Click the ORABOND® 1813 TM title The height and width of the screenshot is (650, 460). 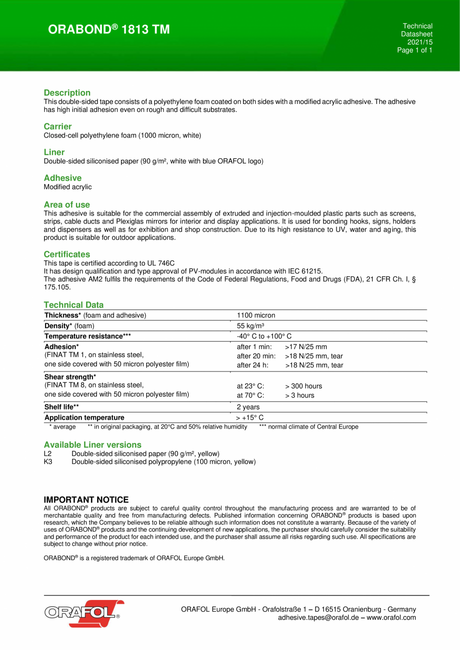click(x=109, y=30)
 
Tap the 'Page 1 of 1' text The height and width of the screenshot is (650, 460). click(x=414, y=50)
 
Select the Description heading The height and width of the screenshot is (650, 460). click(x=67, y=92)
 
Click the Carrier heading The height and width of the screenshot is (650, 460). click(x=57, y=126)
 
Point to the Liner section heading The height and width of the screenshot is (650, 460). click(x=54, y=152)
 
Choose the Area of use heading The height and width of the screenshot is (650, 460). click(x=67, y=204)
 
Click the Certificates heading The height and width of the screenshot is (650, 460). click(x=67, y=254)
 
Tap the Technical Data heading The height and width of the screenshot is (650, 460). click(x=73, y=304)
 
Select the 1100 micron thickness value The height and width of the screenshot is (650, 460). click(x=255, y=315)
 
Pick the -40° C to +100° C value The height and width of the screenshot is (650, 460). click(x=263, y=336)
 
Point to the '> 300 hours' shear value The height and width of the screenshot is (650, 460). click(x=303, y=386)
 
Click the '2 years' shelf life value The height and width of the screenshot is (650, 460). click(x=248, y=407)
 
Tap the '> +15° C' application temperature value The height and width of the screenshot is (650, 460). click(x=250, y=417)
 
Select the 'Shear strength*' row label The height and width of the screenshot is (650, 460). click(x=70, y=376)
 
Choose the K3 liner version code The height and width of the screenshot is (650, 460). click(x=48, y=461)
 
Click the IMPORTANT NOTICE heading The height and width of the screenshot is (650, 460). click(x=86, y=500)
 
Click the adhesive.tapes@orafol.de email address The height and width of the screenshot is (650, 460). click(x=318, y=617)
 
